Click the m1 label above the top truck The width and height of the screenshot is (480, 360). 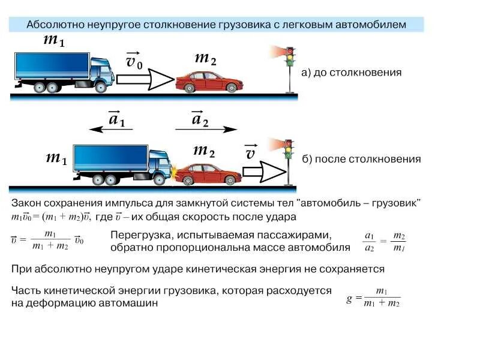[54, 41]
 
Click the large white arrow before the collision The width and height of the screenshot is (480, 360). [144, 79]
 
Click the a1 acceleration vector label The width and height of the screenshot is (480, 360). [116, 118]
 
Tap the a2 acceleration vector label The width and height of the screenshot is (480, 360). [200, 118]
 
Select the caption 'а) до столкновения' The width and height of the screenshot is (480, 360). [351, 73]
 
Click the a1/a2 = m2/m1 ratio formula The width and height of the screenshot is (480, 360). [385, 241]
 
